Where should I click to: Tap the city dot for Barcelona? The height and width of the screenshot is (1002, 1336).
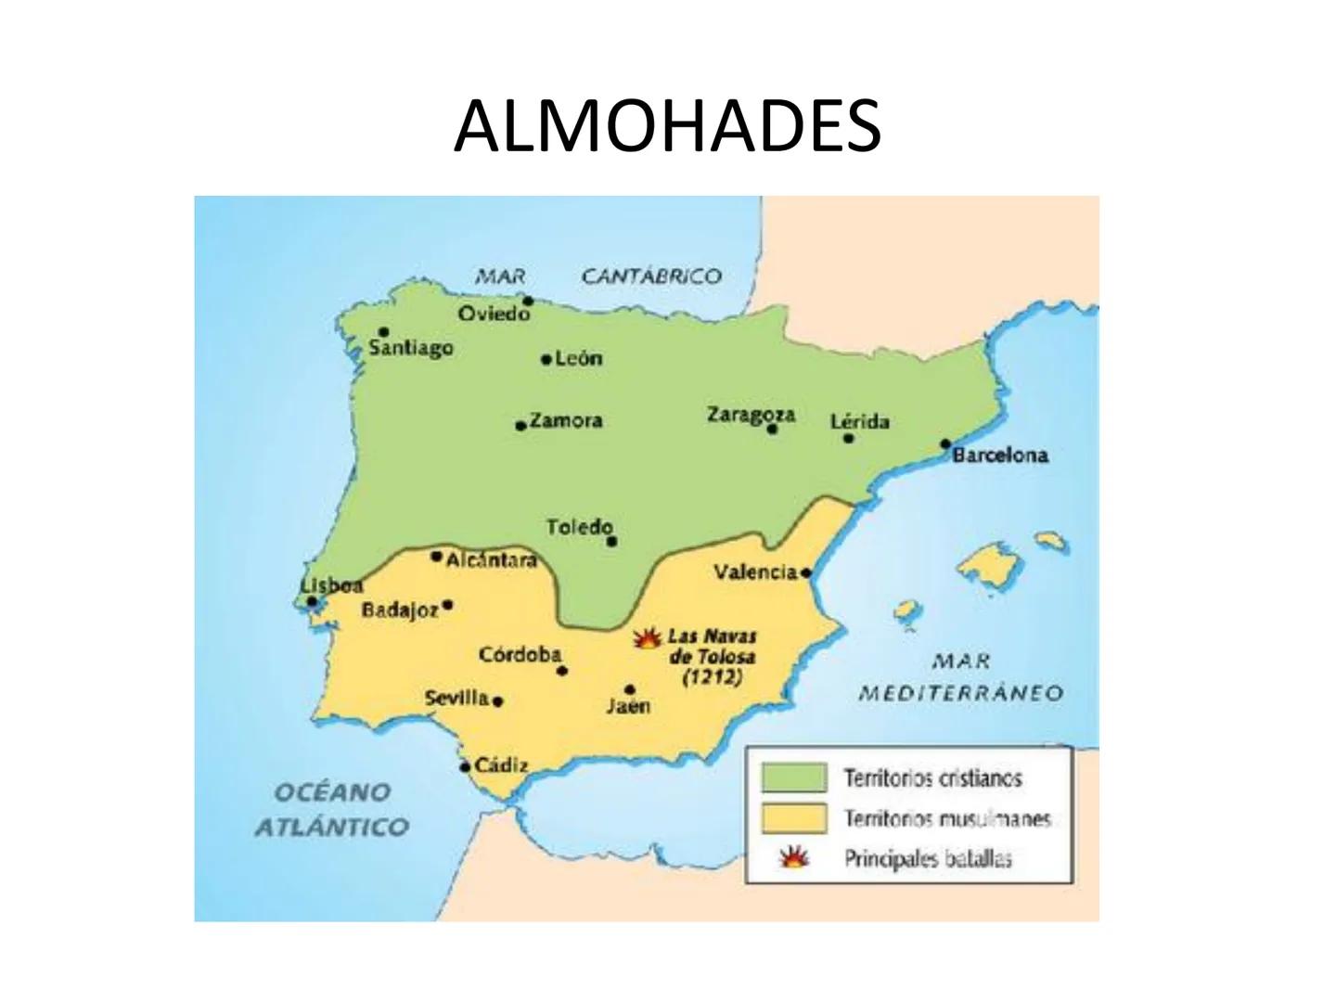(x=945, y=444)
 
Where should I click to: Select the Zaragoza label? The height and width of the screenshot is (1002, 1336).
(x=751, y=414)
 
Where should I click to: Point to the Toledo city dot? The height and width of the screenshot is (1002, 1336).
(x=610, y=541)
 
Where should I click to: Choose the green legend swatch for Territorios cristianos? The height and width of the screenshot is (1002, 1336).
(x=793, y=777)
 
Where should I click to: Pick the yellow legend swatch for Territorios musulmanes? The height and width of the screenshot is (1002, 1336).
(x=793, y=818)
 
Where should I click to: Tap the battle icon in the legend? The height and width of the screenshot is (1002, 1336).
(x=793, y=858)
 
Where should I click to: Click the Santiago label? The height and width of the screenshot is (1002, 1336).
(x=411, y=348)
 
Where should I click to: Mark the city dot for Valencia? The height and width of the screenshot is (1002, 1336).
(x=805, y=572)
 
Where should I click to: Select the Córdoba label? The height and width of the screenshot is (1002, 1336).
(x=520, y=655)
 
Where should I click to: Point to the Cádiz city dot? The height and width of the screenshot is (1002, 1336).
(x=465, y=767)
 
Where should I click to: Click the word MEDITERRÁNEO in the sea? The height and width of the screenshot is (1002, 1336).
(x=960, y=693)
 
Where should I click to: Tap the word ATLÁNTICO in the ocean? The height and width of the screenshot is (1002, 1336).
(x=331, y=827)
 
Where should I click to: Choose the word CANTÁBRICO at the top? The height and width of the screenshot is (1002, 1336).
(x=651, y=276)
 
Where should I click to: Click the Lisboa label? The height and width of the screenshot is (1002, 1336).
(x=331, y=585)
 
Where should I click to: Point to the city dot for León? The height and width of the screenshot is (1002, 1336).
(x=546, y=359)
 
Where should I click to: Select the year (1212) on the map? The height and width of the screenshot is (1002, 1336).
(x=712, y=677)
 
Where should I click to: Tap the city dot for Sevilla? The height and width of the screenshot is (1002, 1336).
(x=498, y=701)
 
